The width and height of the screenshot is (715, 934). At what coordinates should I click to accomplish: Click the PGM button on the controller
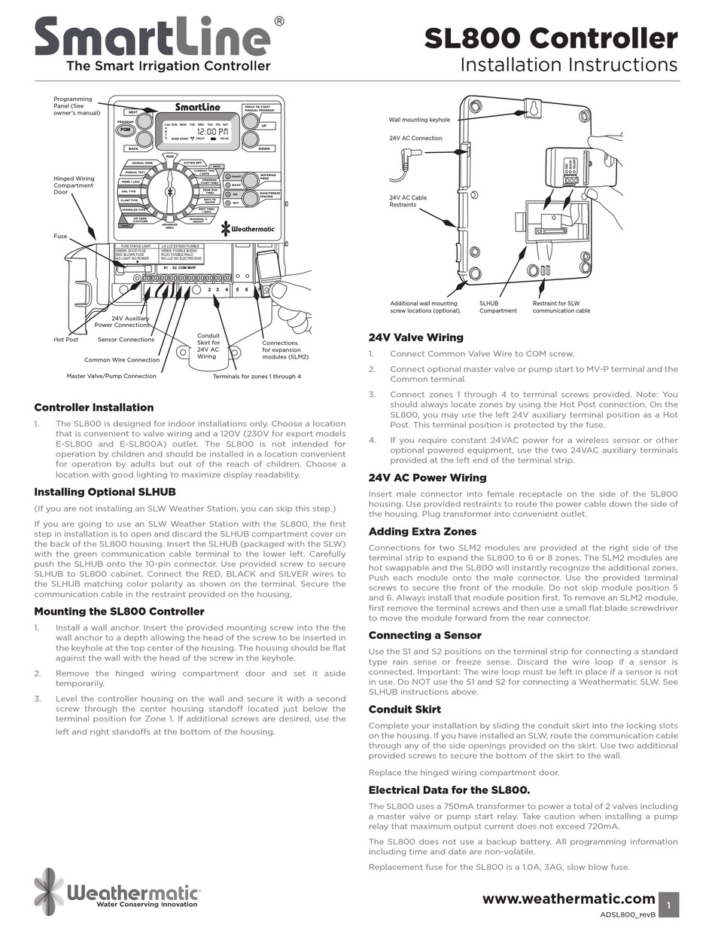click(125, 130)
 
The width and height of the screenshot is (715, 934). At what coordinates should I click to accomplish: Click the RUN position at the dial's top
click(170, 156)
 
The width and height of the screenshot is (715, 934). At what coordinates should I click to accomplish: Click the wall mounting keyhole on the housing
click(534, 108)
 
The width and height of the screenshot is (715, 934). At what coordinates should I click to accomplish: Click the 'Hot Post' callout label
click(65, 340)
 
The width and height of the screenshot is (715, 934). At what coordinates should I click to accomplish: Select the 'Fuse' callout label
click(60, 237)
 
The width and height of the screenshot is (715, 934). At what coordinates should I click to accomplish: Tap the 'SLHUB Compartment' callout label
click(498, 307)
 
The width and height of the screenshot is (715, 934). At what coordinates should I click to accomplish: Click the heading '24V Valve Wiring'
click(415, 337)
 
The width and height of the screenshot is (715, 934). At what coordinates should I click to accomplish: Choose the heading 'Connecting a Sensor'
click(425, 635)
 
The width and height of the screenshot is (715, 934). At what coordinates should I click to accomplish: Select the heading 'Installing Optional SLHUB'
click(105, 492)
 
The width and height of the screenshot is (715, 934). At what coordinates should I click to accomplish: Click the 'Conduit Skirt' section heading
click(404, 709)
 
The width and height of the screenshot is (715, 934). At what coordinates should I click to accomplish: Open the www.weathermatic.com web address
click(568, 899)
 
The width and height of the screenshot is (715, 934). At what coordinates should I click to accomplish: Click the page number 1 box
click(668, 904)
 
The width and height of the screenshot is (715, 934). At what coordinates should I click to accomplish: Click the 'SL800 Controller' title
click(550, 38)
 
